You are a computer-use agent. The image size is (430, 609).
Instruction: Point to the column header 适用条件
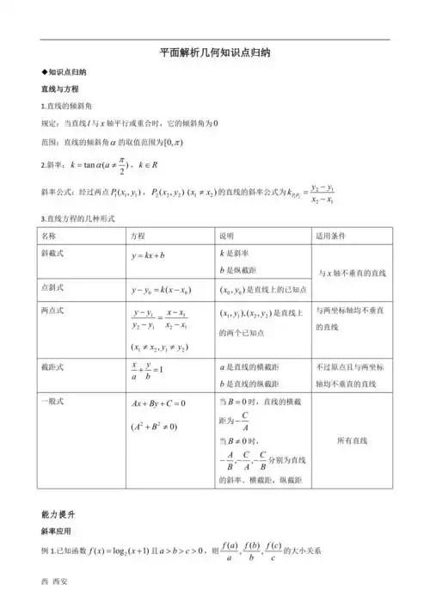tap(329, 235)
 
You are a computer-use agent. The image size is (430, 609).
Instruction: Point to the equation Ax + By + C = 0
tap(158, 403)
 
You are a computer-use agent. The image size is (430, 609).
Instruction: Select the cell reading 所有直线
tap(351, 440)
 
